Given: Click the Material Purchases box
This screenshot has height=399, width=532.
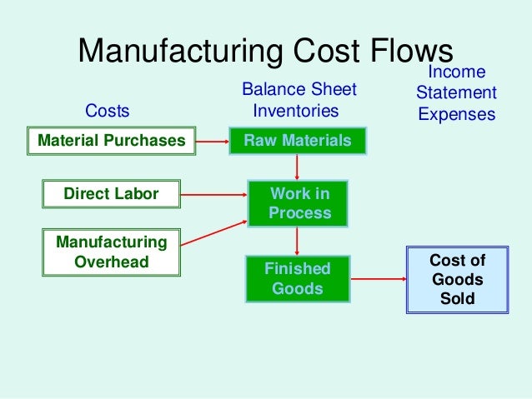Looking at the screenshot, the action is point(111,141).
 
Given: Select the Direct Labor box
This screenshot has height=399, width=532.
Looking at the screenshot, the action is point(111,195).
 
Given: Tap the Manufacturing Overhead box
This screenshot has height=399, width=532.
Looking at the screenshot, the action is point(111,252).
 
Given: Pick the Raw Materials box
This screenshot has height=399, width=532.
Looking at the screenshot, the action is point(298,141).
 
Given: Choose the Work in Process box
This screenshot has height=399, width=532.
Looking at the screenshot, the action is point(298,203).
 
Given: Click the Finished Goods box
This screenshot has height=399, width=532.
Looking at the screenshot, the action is point(298,279).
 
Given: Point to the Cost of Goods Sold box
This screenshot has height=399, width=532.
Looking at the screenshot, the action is point(457,279).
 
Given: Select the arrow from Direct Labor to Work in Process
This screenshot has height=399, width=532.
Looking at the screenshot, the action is point(214,196).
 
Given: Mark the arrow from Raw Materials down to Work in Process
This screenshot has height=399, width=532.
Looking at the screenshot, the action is point(298,167).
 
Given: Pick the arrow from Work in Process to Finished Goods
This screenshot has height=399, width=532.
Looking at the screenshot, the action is point(298,242).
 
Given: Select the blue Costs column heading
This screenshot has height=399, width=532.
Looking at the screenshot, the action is point(108,111).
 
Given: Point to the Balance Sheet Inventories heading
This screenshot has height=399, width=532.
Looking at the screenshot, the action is point(298,100).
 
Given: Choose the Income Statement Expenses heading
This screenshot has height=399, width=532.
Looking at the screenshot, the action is point(456,92).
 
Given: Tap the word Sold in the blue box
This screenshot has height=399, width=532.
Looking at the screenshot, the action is point(457,298).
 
